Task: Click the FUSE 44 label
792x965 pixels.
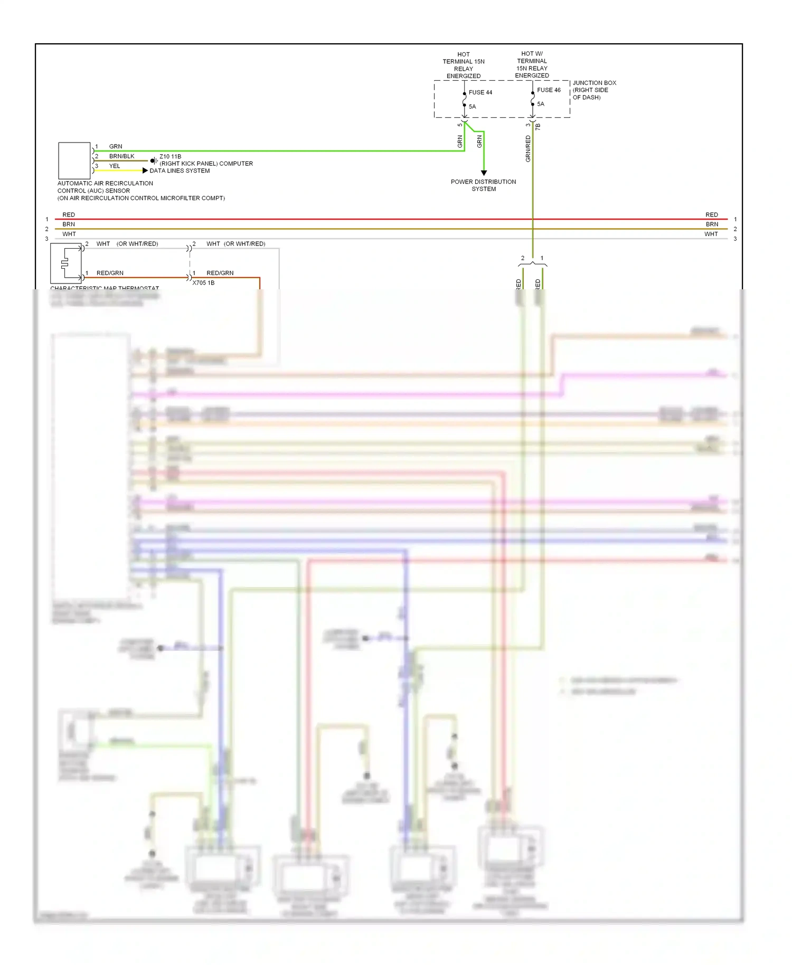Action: [480, 92]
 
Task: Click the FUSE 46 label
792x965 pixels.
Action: [549, 90]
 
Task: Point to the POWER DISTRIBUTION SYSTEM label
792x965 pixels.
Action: [483, 185]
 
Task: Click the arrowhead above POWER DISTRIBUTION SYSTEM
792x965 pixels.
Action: [484, 173]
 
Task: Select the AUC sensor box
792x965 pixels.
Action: [74, 160]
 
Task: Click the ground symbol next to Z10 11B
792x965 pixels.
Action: [153, 160]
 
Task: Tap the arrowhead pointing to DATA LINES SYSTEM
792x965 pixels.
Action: [145, 171]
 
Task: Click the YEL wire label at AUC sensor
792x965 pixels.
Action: [115, 166]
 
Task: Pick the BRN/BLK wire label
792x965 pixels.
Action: [121, 156]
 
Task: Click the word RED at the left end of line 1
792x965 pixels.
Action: [69, 215]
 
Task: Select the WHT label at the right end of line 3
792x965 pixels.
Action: [711, 234]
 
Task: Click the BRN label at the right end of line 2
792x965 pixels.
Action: [712, 224]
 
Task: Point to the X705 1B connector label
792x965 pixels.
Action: [203, 283]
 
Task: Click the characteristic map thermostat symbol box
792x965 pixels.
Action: [66, 263]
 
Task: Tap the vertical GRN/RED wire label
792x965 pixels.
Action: [528, 148]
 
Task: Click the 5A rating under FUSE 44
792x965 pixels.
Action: [472, 107]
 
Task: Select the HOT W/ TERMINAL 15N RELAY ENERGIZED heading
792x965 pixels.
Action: [532, 65]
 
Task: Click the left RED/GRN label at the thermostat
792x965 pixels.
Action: [110, 273]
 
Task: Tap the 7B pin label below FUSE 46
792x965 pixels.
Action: [538, 127]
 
